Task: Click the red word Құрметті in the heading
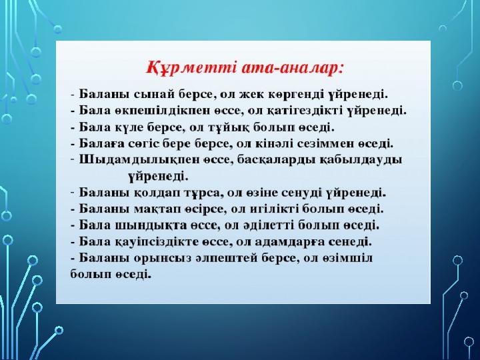point(191,68)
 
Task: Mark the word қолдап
point(157,193)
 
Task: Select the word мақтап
point(157,209)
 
